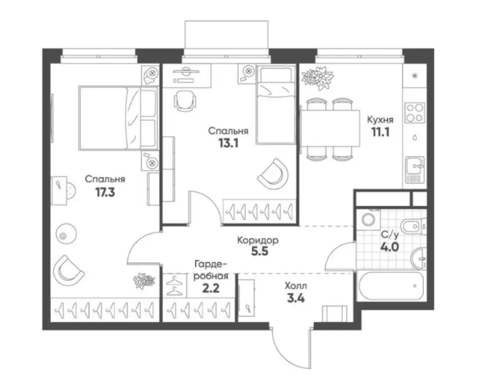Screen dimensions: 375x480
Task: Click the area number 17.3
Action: (x=104, y=192)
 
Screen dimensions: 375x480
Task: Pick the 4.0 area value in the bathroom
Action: (x=390, y=246)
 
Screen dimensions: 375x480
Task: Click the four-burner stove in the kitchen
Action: (x=415, y=113)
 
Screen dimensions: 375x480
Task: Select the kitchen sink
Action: (x=415, y=171)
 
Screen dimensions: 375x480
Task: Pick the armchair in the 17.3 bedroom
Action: (x=68, y=270)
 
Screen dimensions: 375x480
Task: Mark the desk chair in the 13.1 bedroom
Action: (x=185, y=101)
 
